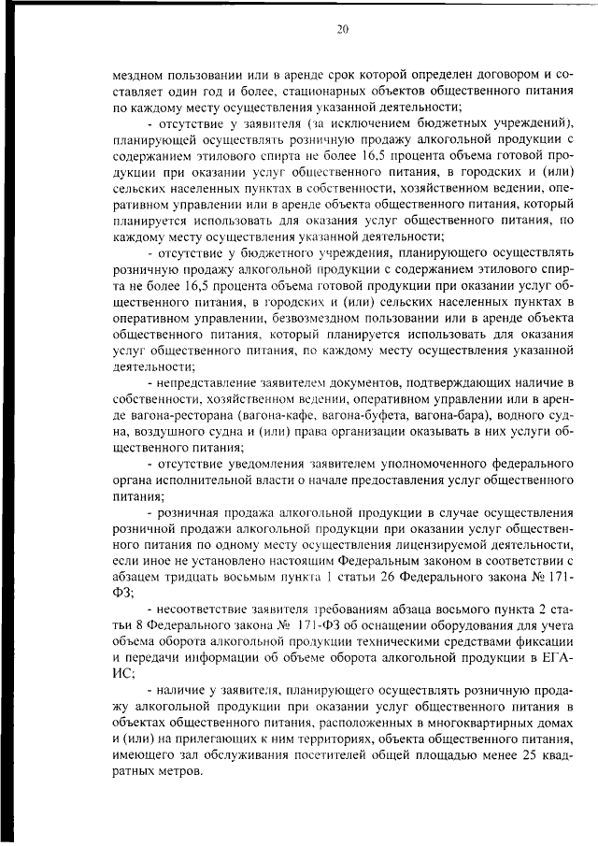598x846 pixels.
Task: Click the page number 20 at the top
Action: pyautogui.click(x=342, y=30)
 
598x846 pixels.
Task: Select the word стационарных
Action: pyautogui.click(x=318, y=93)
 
